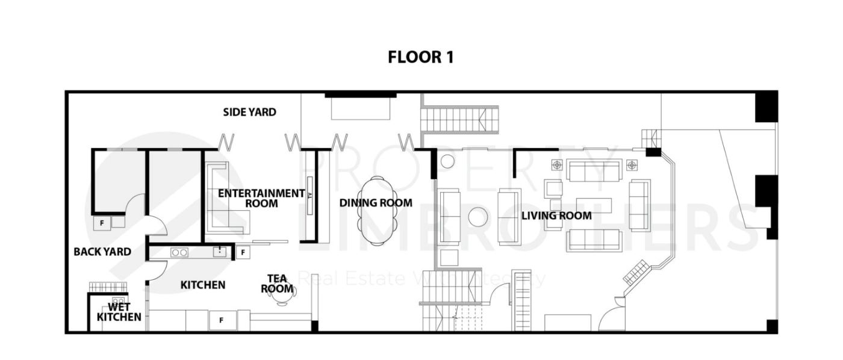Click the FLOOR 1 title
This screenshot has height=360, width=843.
420,57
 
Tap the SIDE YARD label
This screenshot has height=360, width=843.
249,112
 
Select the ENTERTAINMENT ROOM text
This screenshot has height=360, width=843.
261,198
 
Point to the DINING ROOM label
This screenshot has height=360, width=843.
376,203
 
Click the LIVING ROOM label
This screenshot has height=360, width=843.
556,216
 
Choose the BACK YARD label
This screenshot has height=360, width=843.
102,252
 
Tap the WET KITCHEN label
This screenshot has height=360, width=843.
119,311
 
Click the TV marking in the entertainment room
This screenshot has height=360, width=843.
310,196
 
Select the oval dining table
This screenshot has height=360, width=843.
376,211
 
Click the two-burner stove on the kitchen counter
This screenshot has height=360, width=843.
179,252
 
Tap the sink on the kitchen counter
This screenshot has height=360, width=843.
220,252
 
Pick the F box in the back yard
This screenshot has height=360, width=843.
101,222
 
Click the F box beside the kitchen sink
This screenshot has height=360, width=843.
243,252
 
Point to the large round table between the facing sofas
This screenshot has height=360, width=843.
478,217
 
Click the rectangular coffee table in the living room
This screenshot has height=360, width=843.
594,205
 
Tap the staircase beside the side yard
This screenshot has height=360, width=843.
460,119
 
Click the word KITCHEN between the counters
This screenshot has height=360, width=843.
203,285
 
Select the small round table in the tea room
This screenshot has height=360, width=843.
283,296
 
